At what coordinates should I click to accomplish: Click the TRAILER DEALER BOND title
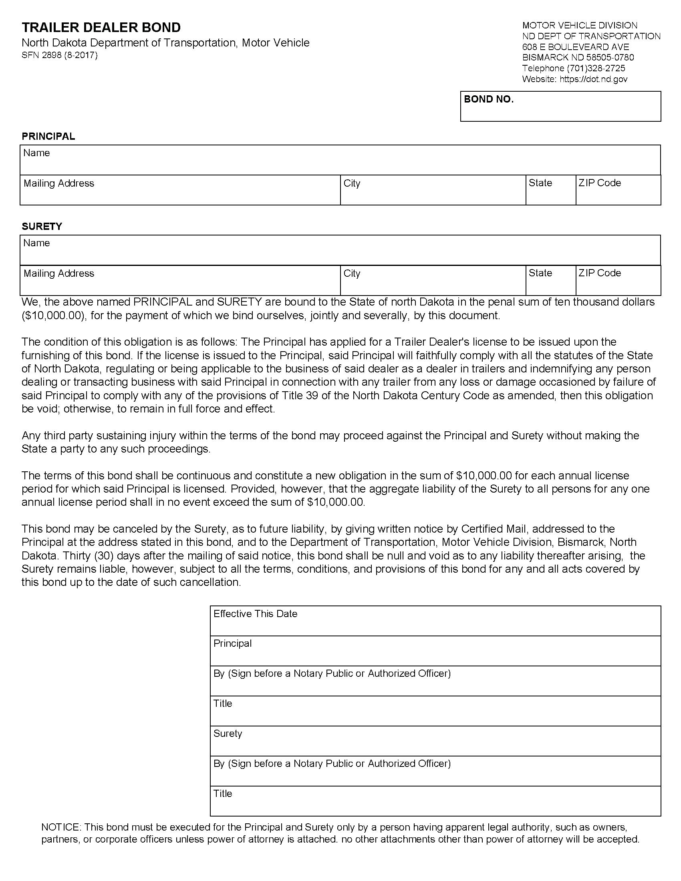pyautogui.click(x=101, y=27)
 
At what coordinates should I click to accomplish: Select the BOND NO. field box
pyautogui.click(x=560, y=107)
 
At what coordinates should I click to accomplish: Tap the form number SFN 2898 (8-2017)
pyautogui.click(x=59, y=55)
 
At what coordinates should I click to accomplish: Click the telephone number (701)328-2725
pyautogui.click(x=596, y=68)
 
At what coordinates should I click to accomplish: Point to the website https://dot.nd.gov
pyautogui.click(x=593, y=79)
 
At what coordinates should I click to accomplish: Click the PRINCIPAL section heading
pyautogui.click(x=48, y=136)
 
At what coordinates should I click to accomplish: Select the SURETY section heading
pyautogui.click(x=42, y=226)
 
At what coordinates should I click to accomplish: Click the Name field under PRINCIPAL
pyautogui.click(x=340, y=160)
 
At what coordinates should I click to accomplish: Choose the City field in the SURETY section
pyautogui.click(x=433, y=280)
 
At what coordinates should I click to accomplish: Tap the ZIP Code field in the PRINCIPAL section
pyautogui.click(x=618, y=190)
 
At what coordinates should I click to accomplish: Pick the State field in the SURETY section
pyautogui.click(x=551, y=280)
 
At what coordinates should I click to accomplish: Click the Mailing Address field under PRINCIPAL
pyautogui.click(x=180, y=190)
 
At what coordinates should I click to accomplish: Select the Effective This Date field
pyautogui.click(x=435, y=621)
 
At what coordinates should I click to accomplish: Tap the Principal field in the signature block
pyautogui.click(x=435, y=651)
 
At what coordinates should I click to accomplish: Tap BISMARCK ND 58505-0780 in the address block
pyautogui.click(x=578, y=57)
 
